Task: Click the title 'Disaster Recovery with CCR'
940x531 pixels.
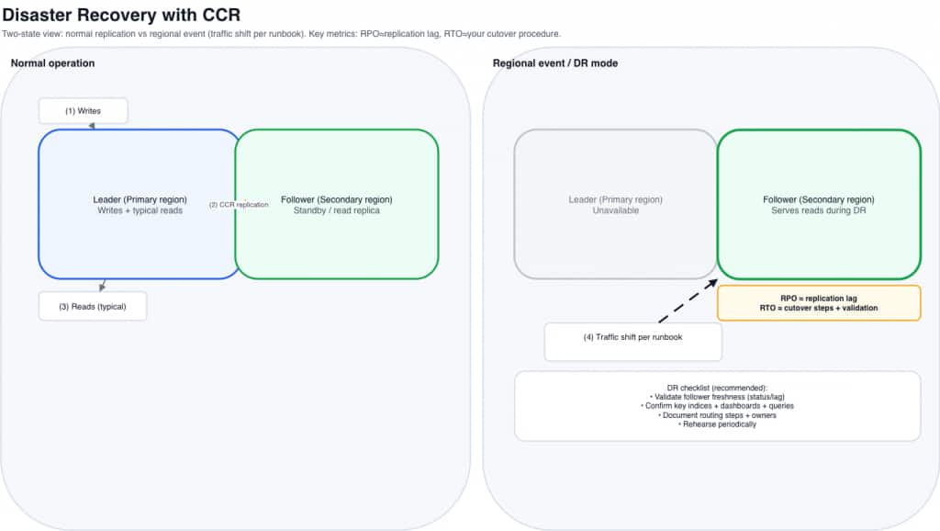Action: pyautogui.click(x=121, y=16)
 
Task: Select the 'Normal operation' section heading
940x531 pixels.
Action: pyautogui.click(x=52, y=62)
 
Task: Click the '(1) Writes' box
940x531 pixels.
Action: pyautogui.click(x=83, y=111)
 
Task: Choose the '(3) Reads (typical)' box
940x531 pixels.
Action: pyautogui.click(x=92, y=306)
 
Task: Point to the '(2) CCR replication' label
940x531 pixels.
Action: pyautogui.click(x=239, y=205)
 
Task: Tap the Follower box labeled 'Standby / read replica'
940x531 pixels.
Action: pyautogui.click(x=337, y=204)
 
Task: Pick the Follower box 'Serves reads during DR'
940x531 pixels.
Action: pyautogui.click(x=819, y=204)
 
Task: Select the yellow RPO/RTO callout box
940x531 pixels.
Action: pyautogui.click(x=818, y=303)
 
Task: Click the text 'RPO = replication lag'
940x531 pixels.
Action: pyautogui.click(x=818, y=298)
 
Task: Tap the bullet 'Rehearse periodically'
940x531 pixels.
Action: pyautogui.click(x=717, y=424)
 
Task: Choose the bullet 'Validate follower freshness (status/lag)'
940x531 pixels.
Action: pyautogui.click(x=717, y=396)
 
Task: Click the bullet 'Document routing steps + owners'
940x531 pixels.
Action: pyautogui.click(x=717, y=415)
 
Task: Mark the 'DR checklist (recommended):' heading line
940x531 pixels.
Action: pyautogui.click(x=717, y=387)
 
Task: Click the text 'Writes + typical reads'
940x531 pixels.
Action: pyautogui.click(x=140, y=210)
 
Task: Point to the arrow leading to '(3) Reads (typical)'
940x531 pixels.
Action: pyautogui.click(x=103, y=285)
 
